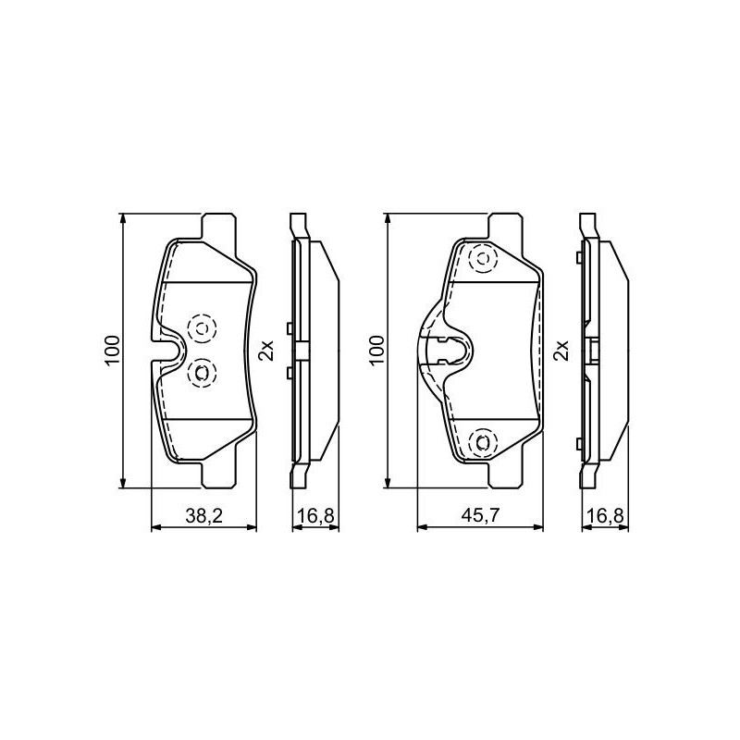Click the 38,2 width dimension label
[x=203, y=516]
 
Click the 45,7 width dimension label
[x=480, y=516]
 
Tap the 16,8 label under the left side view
[x=316, y=516]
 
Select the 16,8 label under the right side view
[x=606, y=516]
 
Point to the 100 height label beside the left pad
[x=112, y=351]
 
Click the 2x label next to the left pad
[x=267, y=351]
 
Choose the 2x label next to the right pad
[x=562, y=351]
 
